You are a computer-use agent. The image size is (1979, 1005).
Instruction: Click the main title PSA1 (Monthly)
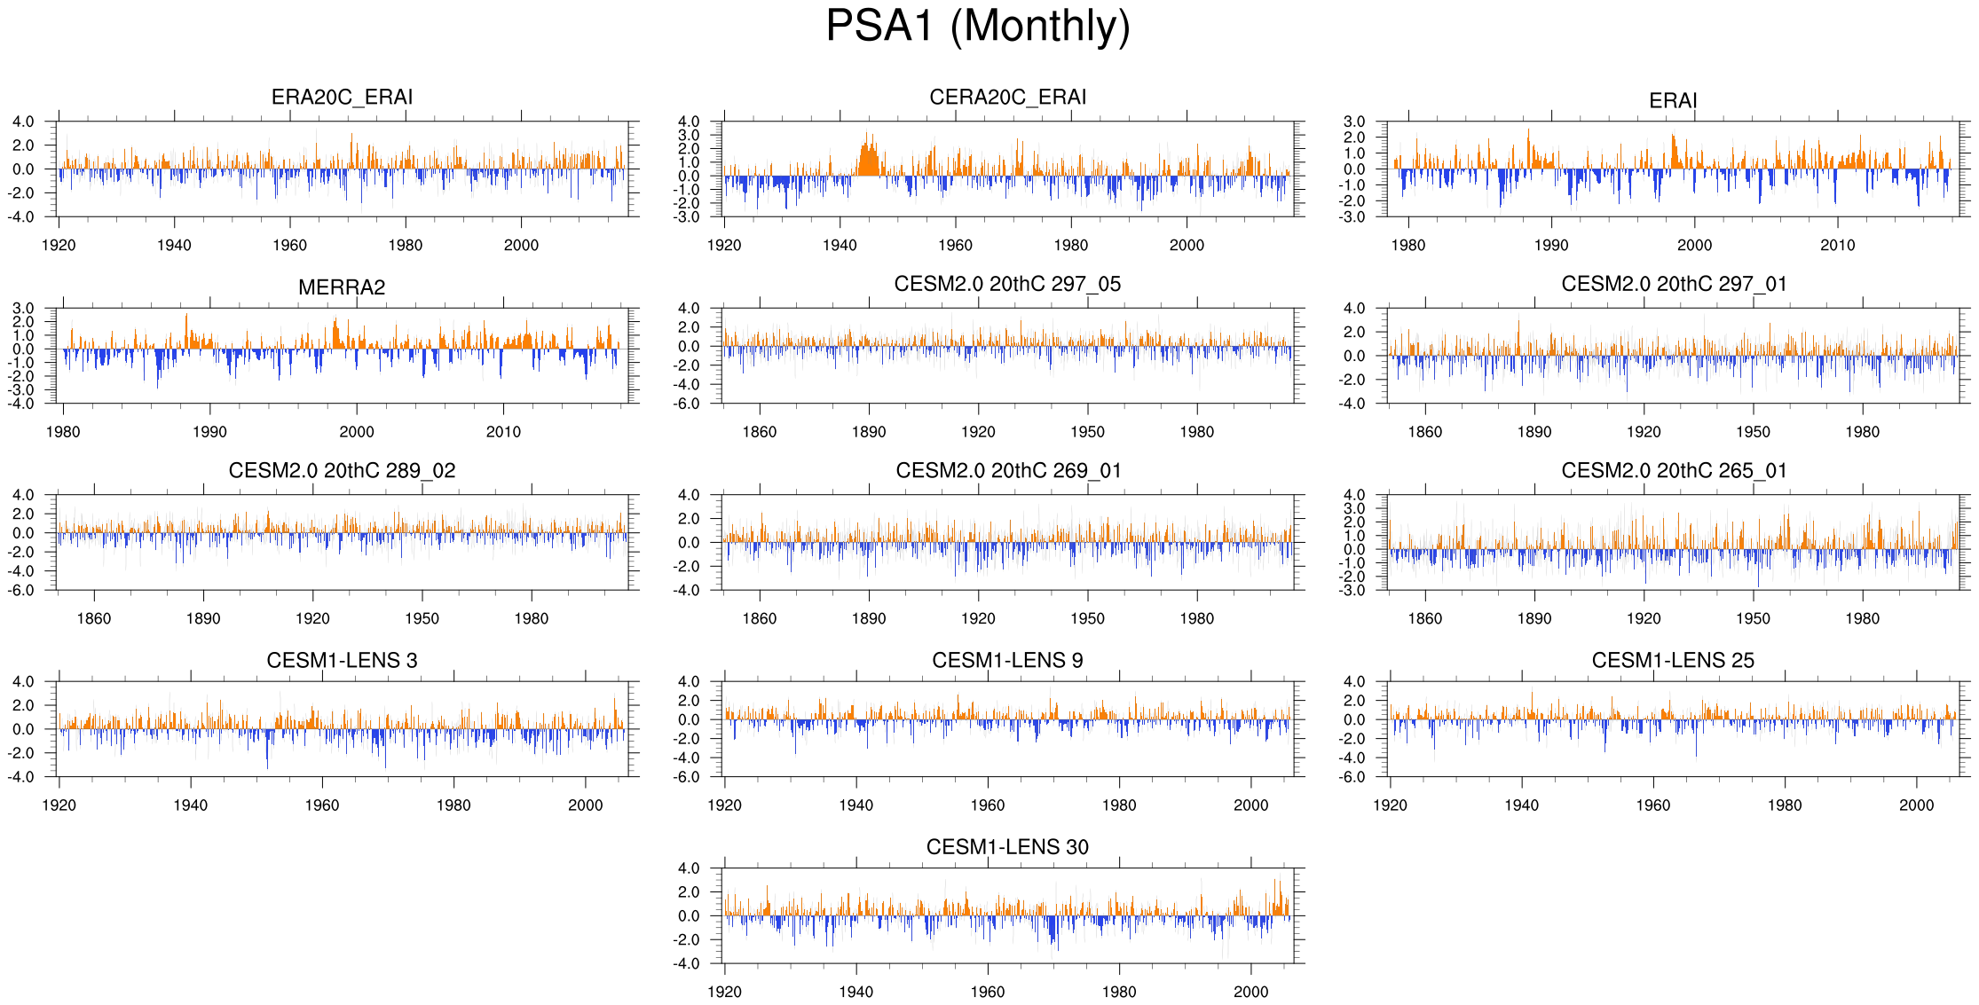pyautogui.click(x=978, y=27)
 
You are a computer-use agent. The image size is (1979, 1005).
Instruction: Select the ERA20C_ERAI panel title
pyautogui.click(x=342, y=98)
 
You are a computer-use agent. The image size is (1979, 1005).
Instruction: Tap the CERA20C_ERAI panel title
pyautogui.click(x=1007, y=98)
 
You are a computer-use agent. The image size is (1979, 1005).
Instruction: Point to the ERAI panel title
pyautogui.click(x=1673, y=101)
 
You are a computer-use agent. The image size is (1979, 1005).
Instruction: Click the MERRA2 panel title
pyautogui.click(x=342, y=287)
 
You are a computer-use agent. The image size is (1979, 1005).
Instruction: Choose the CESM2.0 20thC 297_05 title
pyautogui.click(x=1007, y=284)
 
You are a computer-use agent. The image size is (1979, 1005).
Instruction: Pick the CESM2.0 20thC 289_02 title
pyautogui.click(x=342, y=471)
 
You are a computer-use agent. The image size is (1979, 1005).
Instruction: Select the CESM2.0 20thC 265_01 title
pyautogui.click(x=1674, y=471)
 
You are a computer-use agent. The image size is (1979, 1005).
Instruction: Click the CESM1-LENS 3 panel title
pyautogui.click(x=342, y=661)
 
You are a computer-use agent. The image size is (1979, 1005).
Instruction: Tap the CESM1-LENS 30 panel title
pyautogui.click(x=1007, y=847)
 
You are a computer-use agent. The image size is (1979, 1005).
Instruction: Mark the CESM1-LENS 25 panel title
pyautogui.click(x=1673, y=661)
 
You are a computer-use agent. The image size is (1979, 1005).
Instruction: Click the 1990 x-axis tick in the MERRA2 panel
pyautogui.click(x=209, y=432)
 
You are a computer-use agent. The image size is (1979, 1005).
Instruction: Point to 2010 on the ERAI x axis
pyautogui.click(x=1837, y=246)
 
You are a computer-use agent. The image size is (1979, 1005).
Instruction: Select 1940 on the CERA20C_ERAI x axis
pyautogui.click(x=840, y=246)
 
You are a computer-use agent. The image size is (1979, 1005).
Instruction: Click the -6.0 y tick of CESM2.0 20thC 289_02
pyautogui.click(x=23, y=591)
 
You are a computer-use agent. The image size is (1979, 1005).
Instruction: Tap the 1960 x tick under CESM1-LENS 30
pyautogui.click(x=987, y=992)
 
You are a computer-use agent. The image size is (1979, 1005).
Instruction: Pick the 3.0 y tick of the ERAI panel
pyautogui.click(x=1354, y=122)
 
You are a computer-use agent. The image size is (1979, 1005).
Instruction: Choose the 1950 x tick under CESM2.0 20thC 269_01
pyautogui.click(x=1087, y=619)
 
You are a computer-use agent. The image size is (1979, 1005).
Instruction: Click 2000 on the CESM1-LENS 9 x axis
pyautogui.click(x=1250, y=805)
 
